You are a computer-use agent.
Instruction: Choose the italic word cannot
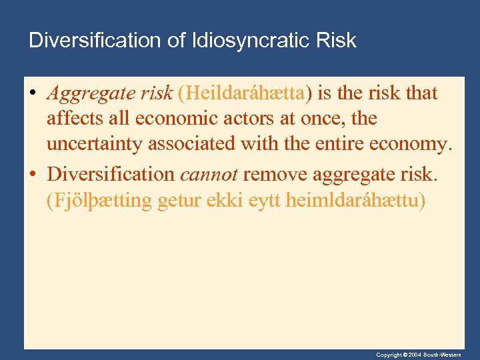[209, 174]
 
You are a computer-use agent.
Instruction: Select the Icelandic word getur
[178, 201]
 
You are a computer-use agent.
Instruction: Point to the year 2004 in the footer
[414, 355]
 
